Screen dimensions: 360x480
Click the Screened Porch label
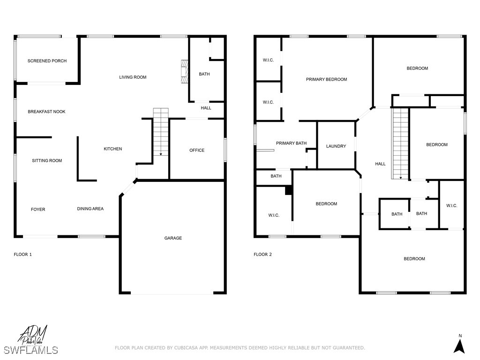click(47, 61)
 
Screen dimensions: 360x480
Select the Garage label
click(173, 238)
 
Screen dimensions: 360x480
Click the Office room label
click(197, 150)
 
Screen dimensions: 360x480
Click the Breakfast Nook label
click(46, 112)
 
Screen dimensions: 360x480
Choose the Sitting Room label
click(47, 161)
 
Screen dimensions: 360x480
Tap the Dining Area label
click(90, 209)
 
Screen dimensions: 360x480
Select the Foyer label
click(38, 210)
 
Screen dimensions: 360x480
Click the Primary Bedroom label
click(327, 80)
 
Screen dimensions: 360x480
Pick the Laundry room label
click(336, 146)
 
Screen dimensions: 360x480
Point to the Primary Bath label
click(291, 143)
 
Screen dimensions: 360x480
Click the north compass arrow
click(460, 345)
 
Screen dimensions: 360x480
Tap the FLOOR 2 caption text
click(262, 255)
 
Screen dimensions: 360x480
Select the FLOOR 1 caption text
click(22, 255)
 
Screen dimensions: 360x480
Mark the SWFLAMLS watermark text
click(31, 350)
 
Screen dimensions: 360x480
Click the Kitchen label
click(112, 149)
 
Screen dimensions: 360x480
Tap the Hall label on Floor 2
click(380, 164)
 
